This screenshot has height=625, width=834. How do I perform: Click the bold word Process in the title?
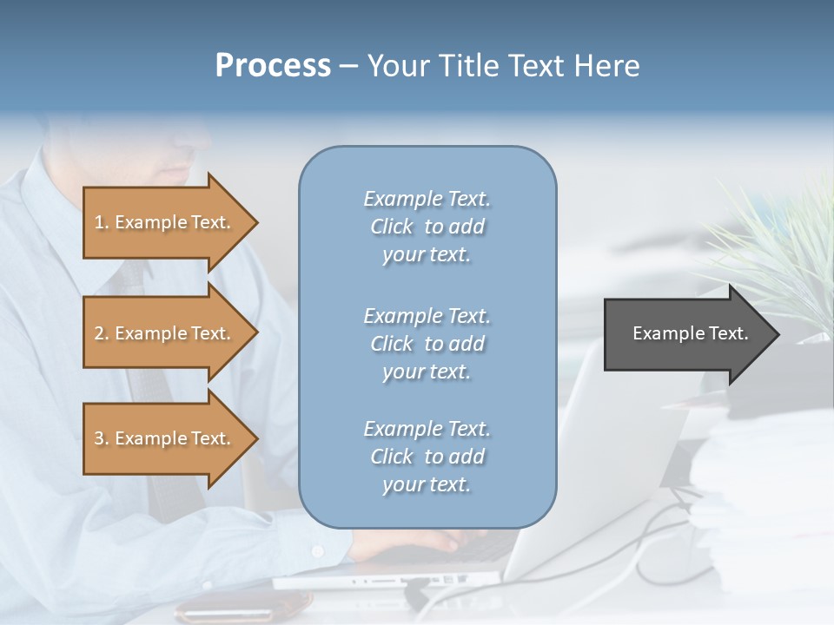tap(273, 66)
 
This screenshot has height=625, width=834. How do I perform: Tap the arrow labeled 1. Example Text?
tap(165, 222)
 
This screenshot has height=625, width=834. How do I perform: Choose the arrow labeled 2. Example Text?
tap(165, 333)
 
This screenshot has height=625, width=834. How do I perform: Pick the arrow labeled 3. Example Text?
tap(165, 438)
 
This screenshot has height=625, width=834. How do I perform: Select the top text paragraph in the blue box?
tap(427, 227)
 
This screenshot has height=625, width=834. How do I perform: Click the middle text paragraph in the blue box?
tap(427, 344)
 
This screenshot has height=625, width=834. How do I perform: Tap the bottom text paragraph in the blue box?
tap(427, 457)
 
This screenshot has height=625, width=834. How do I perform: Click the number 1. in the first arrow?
tap(102, 223)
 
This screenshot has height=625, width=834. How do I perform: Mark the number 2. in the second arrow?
tap(102, 334)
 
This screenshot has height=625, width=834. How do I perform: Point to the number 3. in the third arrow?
tap(102, 439)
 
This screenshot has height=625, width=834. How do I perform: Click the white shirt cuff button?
tap(317, 551)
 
